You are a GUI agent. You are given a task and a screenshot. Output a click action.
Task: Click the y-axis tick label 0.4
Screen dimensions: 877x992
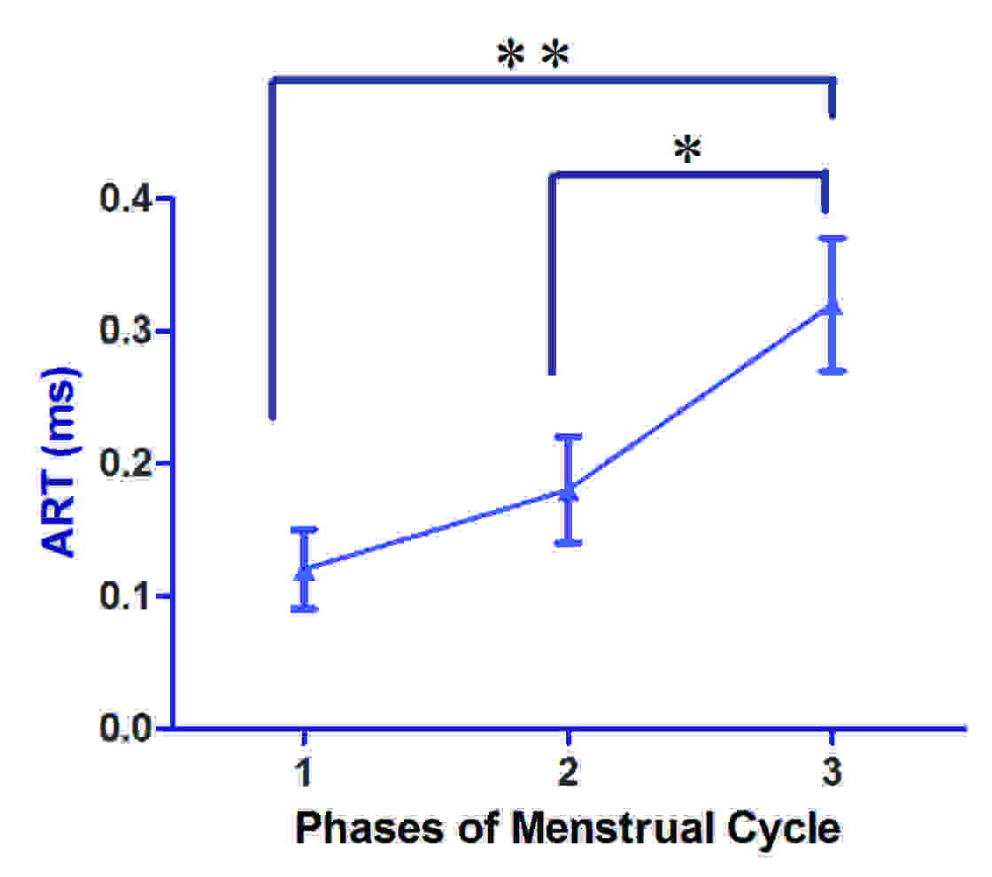point(128,199)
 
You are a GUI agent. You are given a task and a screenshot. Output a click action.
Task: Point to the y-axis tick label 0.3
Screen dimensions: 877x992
point(128,331)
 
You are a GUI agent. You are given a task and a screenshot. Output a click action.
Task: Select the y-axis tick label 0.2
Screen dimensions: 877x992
point(128,463)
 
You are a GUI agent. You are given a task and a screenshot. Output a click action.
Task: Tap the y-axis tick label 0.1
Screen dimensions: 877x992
point(128,595)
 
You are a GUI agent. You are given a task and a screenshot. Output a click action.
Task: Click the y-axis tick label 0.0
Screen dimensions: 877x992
point(128,728)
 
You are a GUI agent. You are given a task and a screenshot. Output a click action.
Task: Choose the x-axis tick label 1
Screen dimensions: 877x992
point(304,773)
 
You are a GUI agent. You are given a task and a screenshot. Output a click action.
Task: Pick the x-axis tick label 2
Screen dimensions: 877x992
point(568,773)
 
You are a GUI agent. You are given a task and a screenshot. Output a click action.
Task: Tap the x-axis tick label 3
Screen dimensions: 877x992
point(832,773)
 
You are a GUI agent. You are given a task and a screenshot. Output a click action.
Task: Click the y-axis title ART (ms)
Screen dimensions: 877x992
point(62,461)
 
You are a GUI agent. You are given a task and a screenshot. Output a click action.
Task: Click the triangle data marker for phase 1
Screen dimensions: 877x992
point(304,570)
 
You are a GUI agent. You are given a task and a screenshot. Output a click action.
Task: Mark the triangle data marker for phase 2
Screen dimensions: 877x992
point(568,491)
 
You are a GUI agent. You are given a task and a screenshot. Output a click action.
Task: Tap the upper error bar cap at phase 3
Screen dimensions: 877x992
point(832,238)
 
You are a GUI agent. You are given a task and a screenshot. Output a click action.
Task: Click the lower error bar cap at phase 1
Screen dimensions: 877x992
point(304,609)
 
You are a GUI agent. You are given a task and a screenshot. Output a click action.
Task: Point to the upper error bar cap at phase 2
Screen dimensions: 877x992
point(568,436)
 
